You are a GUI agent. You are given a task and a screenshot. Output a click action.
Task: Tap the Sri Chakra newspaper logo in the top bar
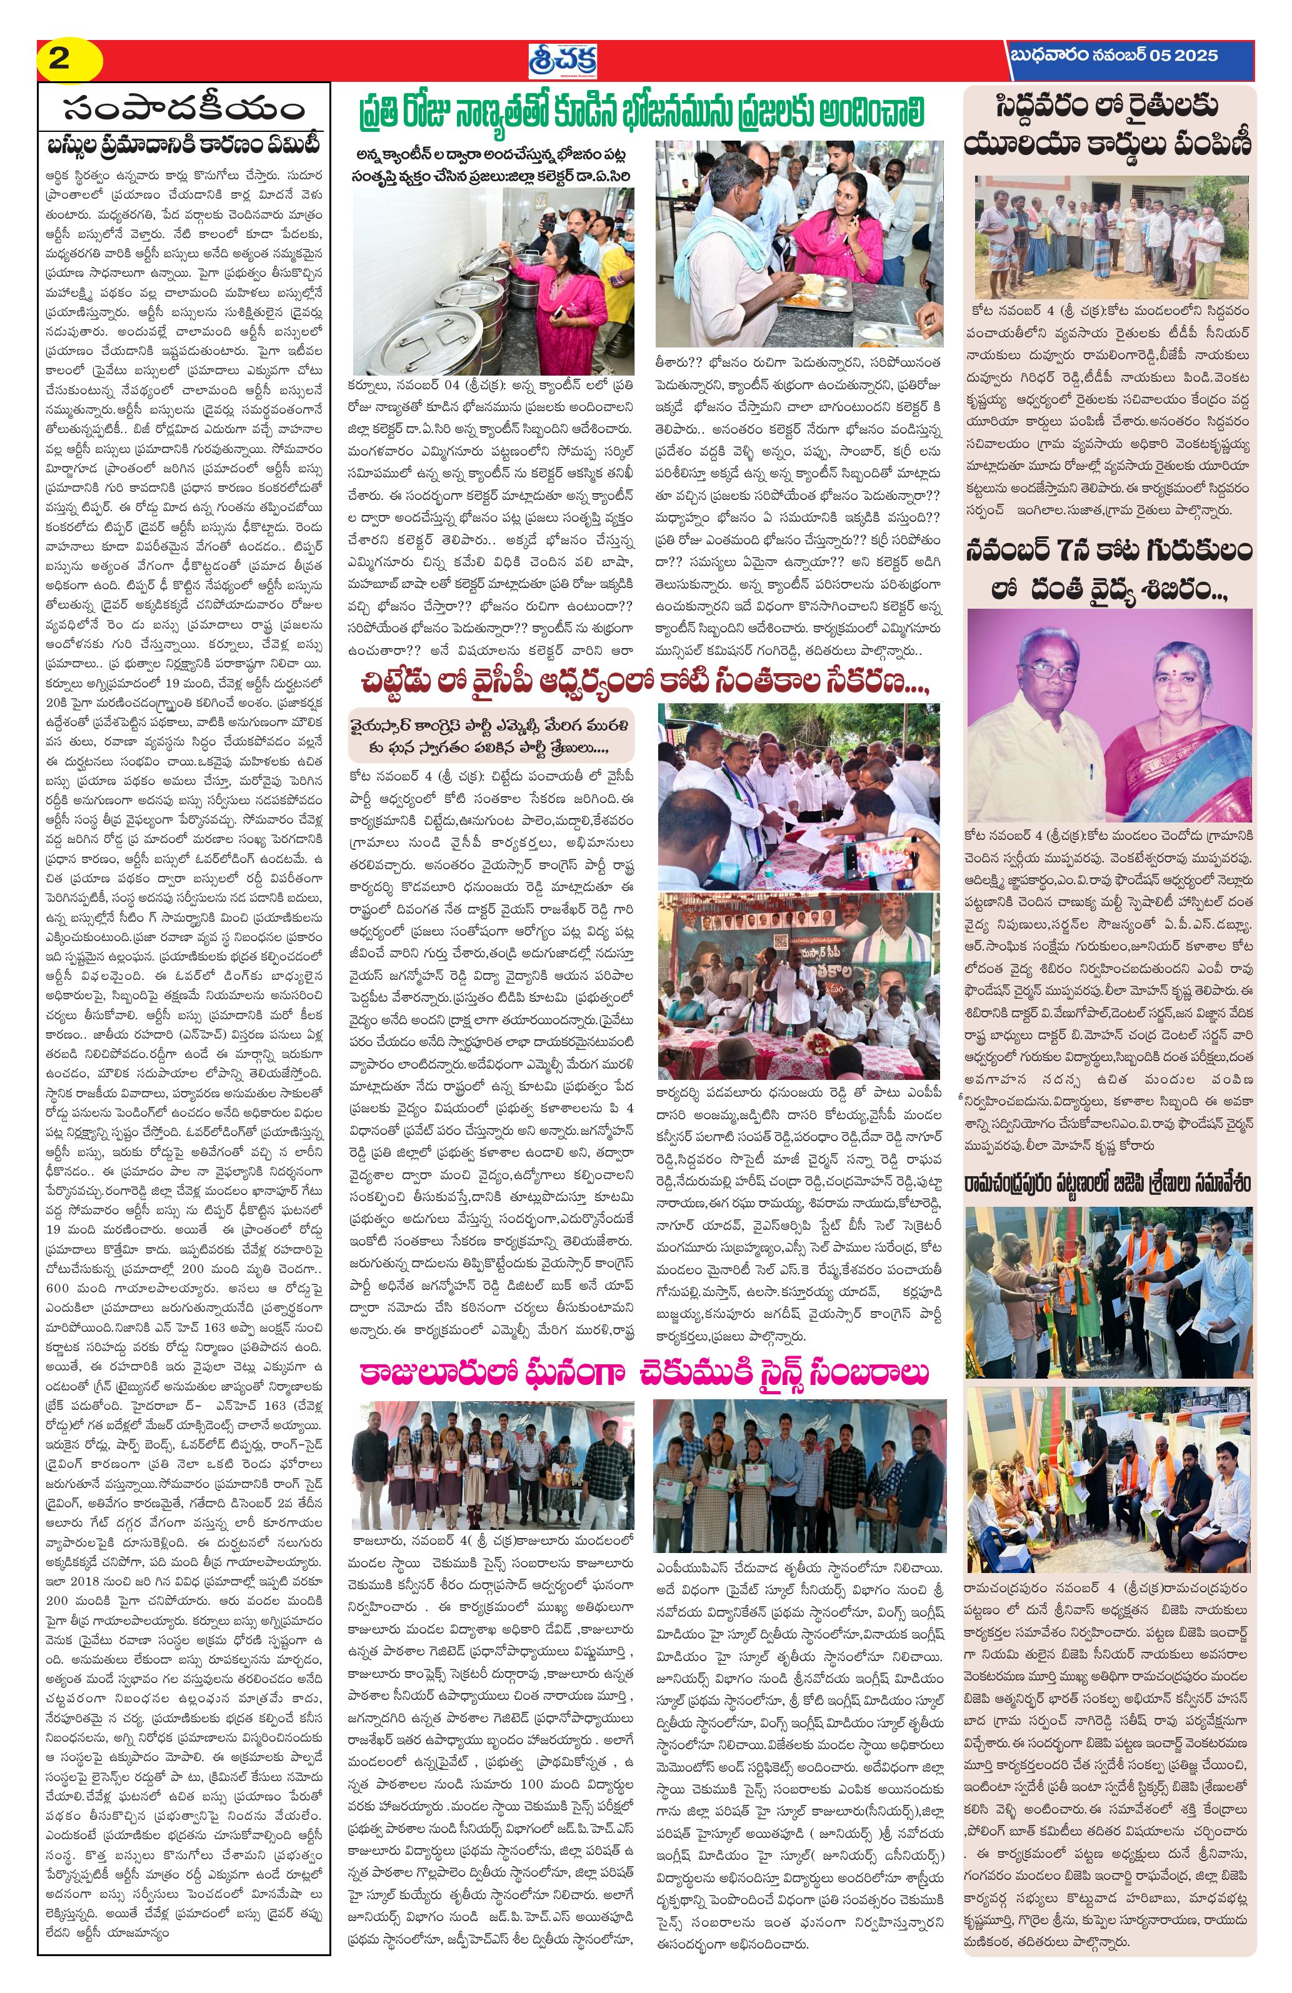(567, 59)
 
